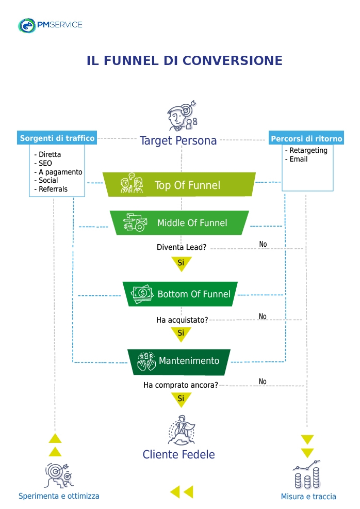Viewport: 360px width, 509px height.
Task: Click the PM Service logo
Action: (50, 25)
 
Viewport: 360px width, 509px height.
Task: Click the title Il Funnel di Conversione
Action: (185, 60)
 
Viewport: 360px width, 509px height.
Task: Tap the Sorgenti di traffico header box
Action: (57, 138)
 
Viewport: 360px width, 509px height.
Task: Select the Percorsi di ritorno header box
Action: (306, 139)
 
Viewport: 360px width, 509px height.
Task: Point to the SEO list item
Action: (45, 163)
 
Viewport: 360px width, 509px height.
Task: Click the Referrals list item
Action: (53, 189)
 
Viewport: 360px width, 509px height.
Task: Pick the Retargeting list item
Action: (308, 150)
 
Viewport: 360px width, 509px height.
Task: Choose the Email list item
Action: (298, 159)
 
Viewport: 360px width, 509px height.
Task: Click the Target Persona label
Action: (178, 140)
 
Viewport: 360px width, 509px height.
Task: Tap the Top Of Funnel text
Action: (187, 185)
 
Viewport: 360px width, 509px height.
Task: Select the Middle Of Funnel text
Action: (192, 223)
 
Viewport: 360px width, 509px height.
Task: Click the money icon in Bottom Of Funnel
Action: (142, 294)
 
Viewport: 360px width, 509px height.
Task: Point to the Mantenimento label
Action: (189, 361)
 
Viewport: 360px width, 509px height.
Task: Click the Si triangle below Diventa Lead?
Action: (181, 263)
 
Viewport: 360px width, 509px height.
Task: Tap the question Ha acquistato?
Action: (182, 320)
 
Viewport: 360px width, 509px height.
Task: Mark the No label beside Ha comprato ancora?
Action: (263, 381)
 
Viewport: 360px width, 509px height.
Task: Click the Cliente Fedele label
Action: (178, 455)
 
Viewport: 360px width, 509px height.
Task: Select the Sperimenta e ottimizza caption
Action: (59, 496)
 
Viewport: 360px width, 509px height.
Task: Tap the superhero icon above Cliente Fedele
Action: (181, 430)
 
